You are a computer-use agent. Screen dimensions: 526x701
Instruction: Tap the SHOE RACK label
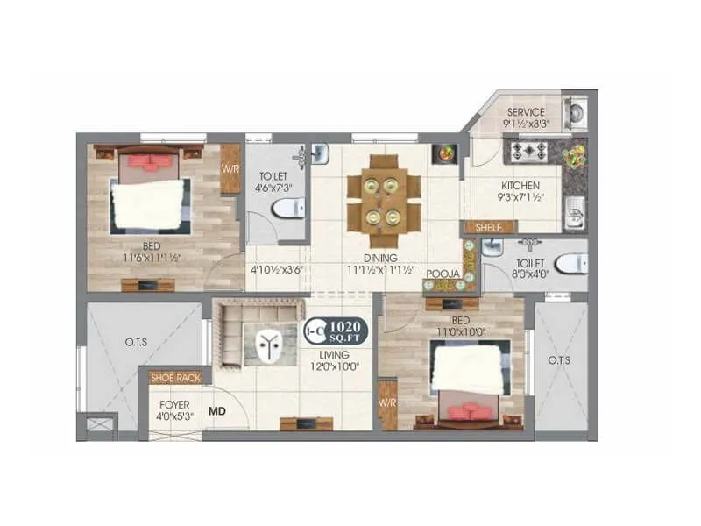tap(175, 378)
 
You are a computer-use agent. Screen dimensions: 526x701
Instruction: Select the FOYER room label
tap(175, 405)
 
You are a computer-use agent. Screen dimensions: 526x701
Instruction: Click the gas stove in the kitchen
tap(529, 150)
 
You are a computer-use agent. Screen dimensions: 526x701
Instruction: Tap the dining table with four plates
tap(383, 201)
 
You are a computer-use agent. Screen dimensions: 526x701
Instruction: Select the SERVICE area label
tap(525, 112)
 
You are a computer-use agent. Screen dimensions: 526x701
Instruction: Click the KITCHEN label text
tap(520, 186)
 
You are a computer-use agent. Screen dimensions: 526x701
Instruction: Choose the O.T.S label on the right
tap(559, 360)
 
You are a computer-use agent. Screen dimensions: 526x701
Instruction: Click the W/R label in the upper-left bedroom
tap(230, 168)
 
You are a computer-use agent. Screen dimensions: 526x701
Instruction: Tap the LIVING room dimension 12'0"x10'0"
tap(334, 367)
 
